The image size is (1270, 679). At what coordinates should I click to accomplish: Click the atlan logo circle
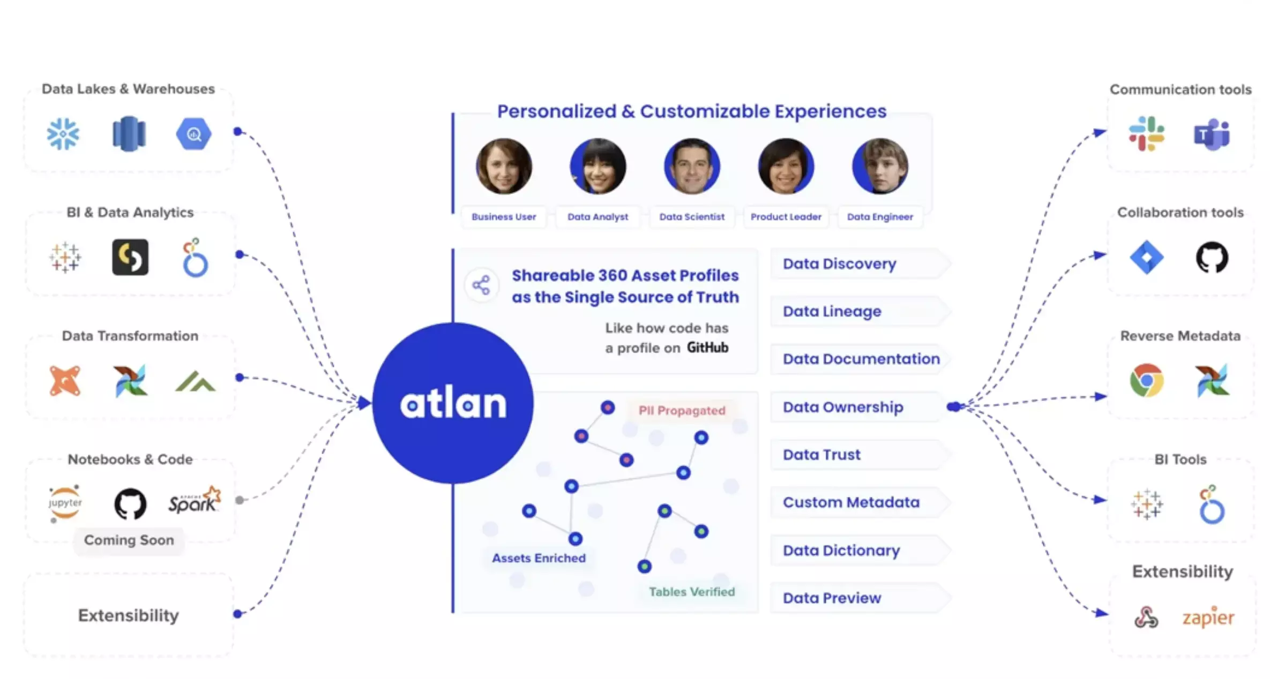tap(453, 403)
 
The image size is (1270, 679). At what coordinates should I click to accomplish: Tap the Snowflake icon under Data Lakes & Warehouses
tap(63, 133)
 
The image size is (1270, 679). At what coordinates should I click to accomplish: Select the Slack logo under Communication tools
tap(1146, 133)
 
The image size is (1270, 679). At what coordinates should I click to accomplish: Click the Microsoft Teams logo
tap(1212, 134)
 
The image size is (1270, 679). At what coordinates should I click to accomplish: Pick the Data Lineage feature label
tap(832, 311)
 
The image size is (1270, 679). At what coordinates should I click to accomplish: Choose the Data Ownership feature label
tap(843, 407)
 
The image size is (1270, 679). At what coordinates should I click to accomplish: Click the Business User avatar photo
tap(504, 166)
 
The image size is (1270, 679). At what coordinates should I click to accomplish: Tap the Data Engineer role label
tap(880, 217)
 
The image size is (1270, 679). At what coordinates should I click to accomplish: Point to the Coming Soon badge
tap(129, 540)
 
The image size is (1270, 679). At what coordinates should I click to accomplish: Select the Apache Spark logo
tap(194, 500)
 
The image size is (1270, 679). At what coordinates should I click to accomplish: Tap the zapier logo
tap(1208, 617)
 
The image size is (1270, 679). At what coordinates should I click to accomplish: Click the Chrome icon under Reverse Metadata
tap(1146, 381)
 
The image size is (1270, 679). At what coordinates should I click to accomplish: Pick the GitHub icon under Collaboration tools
tap(1212, 258)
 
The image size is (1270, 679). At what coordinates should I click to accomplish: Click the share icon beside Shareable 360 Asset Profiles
tap(481, 285)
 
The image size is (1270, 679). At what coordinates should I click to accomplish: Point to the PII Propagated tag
tap(682, 411)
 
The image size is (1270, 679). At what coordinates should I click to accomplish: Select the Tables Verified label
tap(692, 592)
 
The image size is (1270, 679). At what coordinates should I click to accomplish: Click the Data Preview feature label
tap(832, 598)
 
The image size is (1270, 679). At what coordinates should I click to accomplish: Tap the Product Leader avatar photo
tap(786, 166)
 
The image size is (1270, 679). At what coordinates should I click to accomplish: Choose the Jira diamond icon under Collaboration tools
tap(1146, 258)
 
